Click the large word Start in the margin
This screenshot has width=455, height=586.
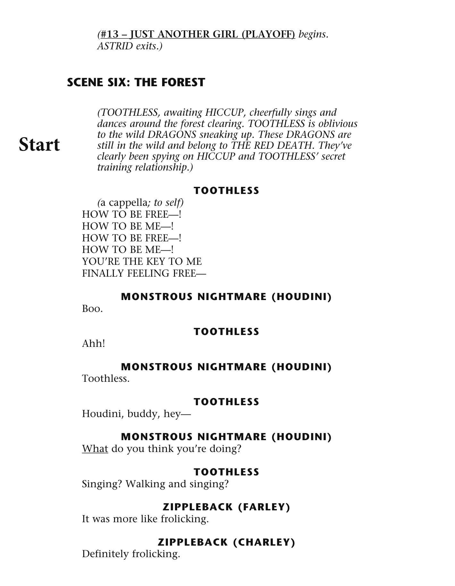click(x=39, y=145)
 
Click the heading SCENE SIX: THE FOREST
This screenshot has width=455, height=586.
click(x=136, y=82)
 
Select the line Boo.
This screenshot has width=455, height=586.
click(x=92, y=309)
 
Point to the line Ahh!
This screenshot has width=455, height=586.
click(x=93, y=344)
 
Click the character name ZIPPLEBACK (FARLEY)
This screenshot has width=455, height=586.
click(x=226, y=507)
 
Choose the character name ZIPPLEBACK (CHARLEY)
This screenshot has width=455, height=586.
click(x=226, y=542)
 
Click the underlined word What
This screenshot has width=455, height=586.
click(x=95, y=448)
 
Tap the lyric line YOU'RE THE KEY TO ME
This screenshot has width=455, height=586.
click(x=142, y=261)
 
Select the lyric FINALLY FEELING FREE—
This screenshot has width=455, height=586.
click(x=144, y=273)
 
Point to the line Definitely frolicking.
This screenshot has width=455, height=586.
click(x=131, y=554)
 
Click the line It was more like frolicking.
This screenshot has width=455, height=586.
click(x=145, y=519)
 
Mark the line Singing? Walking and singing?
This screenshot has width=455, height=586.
click(x=155, y=484)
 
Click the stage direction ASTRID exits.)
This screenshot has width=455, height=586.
click(x=130, y=46)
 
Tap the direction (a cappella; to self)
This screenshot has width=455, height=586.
click(x=140, y=203)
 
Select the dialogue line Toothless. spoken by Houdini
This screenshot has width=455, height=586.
click(x=106, y=379)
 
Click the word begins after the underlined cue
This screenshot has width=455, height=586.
click(x=313, y=34)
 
